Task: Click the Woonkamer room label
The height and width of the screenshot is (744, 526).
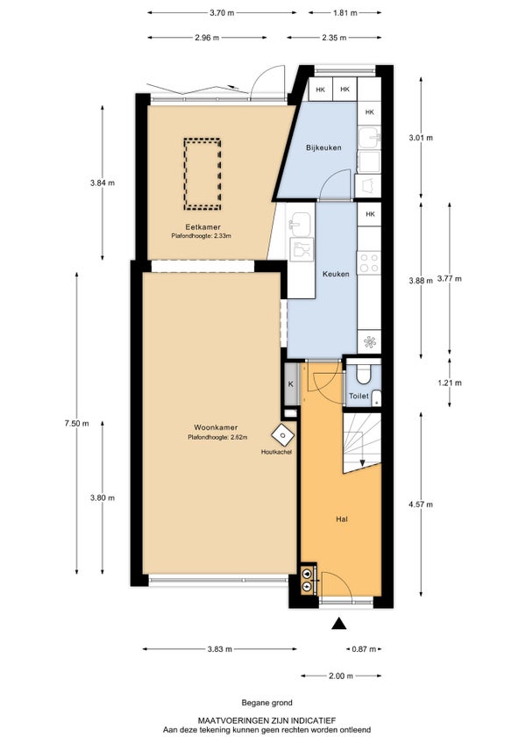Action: (216, 427)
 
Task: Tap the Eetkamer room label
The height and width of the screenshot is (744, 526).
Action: (203, 227)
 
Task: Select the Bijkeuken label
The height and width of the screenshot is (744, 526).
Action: (324, 147)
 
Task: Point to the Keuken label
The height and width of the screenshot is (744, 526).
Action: (336, 275)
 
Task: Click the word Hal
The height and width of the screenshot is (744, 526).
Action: (342, 519)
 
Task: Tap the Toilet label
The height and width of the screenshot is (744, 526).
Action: (359, 396)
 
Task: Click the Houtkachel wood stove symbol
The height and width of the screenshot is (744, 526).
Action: (282, 434)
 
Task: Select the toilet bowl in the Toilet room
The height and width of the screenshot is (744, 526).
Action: (364, 374)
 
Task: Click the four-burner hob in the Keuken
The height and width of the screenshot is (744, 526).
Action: (369, 263)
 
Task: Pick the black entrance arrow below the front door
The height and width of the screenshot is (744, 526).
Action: (338, 624)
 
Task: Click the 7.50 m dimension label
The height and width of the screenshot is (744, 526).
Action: (76, 423)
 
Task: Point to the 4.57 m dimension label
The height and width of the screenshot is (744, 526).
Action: (421, 504)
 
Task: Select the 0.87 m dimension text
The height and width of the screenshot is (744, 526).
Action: (364, 649)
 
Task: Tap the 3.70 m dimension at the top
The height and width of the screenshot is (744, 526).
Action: (222, 13)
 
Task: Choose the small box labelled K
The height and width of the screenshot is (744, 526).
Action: (292, 384)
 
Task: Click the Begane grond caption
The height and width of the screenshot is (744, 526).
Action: (267, 703)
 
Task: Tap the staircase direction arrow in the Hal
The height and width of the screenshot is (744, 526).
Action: (362, 448)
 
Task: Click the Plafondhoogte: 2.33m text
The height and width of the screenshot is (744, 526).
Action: (201, 236)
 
